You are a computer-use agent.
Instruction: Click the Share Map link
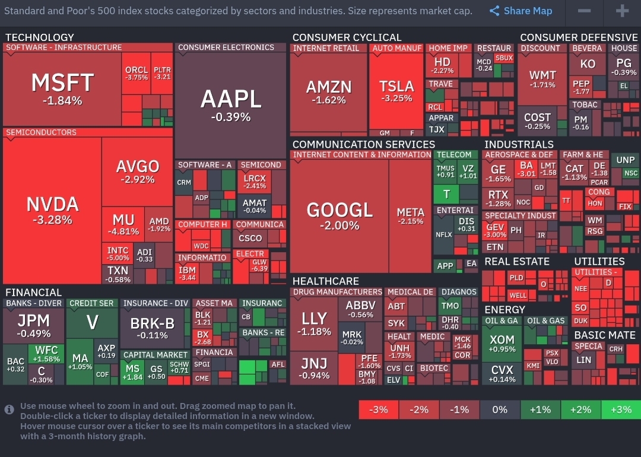pos(521,11)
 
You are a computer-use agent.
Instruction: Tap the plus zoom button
pos(621,11)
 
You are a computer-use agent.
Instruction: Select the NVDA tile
pos(52,210)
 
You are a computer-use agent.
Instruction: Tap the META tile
pos(410,216)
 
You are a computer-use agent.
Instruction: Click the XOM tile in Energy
pos(502,344)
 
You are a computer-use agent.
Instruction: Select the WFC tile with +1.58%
pos(47,354)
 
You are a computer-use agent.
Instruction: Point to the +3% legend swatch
pos(620,410)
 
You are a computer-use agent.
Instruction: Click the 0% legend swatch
pos(500,410)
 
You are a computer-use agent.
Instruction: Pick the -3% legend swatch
pos(378,410)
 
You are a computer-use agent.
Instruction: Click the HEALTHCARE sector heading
pos(325,281)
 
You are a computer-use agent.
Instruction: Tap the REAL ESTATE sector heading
pos(517,261)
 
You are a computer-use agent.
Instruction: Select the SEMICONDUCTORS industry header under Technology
pos(42,132)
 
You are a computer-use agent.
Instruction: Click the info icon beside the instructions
pos(9,410)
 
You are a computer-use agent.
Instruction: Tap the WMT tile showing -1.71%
pos(542,79)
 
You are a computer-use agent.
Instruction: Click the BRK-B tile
pos(153,326)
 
